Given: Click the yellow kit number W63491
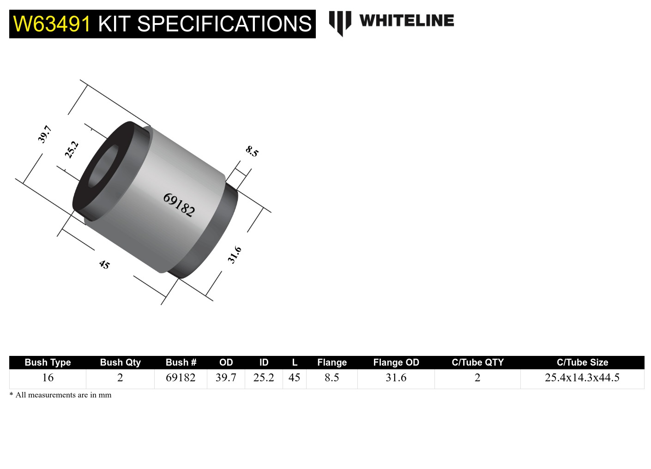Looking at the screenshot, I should tap(52, 24).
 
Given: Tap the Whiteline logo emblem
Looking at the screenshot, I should tap(340, 22).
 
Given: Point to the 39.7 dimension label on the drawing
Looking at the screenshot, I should tap(44, 134).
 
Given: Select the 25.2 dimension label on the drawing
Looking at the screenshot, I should tap(72, 150).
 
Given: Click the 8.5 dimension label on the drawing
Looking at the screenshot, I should tap(252, 151).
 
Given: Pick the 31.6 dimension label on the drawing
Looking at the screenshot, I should tap(235, 255).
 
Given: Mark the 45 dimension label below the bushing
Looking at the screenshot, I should tap(104, 265).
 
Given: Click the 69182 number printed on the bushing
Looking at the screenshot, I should tap(179, 204).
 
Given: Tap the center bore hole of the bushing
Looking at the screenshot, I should tap(102, 167).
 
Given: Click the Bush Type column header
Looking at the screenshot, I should tap(48, 362).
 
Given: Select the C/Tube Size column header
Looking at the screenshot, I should tap(582, 362).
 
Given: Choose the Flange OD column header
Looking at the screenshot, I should tap(396, 362).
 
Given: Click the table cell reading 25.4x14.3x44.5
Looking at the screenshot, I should tap(582, 378).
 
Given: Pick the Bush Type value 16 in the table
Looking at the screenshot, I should tap(48, 378).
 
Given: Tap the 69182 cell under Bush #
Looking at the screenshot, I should tap(181, 378).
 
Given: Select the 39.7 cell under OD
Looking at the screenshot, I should tap(226, 378).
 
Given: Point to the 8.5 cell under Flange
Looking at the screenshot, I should tap(332, 378).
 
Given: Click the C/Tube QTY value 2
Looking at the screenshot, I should tap(477, 378).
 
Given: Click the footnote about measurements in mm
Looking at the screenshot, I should tap(60, 395).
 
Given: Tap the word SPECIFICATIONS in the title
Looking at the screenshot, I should tap(224, 24).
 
